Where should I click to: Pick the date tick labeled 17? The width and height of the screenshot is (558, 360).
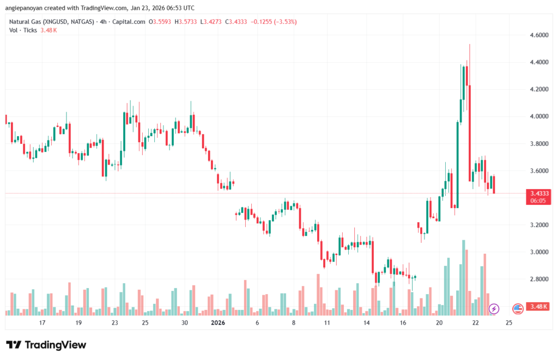tap(42, 323)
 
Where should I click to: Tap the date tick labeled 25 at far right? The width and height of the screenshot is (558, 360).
tap(508, 323)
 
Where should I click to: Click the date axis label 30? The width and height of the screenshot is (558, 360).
tap(185, 323)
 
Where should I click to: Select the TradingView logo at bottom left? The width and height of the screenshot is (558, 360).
tap(46, 345)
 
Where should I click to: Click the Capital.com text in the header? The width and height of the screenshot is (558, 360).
tap(131, 22)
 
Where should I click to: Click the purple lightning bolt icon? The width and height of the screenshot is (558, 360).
tap(494, 309)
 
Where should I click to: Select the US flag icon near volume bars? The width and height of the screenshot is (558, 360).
tap(518, 309)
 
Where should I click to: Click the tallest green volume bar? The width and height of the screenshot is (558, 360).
tap(464, 278)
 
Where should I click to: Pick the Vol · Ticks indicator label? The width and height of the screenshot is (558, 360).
tap(23, 30)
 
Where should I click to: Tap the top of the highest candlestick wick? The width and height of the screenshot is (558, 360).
tap(469, 45)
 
